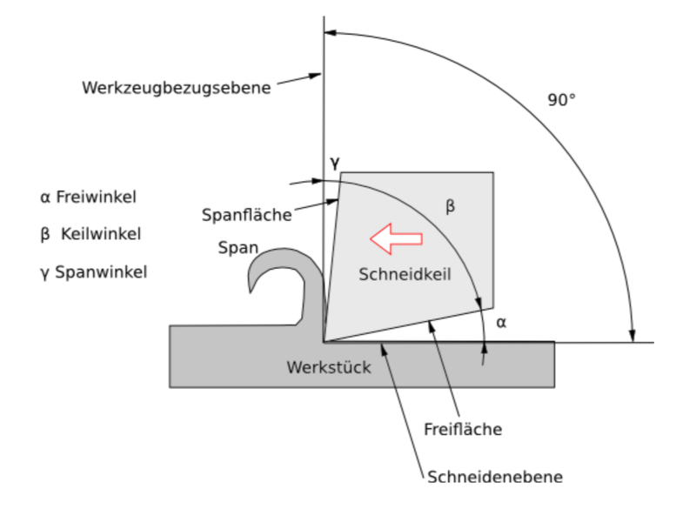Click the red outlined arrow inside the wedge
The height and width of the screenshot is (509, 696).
click(396, 238)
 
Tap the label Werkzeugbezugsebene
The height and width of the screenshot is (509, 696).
click(177, 88)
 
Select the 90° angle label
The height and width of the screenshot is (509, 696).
click(561, 100)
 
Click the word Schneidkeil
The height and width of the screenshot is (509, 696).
click(405, 274)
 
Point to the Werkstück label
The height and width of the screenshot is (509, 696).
click(329, 367)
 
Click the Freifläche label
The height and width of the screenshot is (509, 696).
click(463, 429)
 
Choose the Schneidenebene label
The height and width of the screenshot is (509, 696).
click(495, 477)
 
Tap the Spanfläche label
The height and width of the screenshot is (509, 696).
click(247, 215)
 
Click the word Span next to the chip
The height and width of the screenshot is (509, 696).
click(238, 248)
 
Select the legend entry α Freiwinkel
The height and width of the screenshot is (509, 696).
click(88, 197)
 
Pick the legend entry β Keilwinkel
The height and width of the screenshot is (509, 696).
click(90, 234)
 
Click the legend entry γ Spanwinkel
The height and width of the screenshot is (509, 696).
click(93, 272)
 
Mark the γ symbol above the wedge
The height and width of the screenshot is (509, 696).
click(335, 163)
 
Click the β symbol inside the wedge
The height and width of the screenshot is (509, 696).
click(450, 206)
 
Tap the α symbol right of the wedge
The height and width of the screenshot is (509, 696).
click(501, 323)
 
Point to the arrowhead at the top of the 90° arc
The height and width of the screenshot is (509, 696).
click(331, 32)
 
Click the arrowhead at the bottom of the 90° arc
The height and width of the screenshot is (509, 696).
click(632, 336)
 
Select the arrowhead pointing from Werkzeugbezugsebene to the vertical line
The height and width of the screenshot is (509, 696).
click(315, 76)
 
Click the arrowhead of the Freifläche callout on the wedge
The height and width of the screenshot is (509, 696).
click(431, 327)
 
